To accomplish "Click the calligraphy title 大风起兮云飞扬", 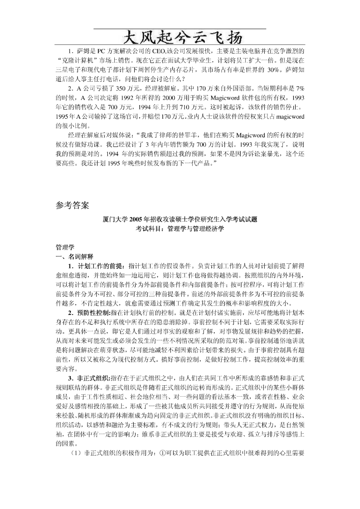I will [180, 37].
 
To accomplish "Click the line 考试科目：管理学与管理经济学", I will [180, 229].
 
